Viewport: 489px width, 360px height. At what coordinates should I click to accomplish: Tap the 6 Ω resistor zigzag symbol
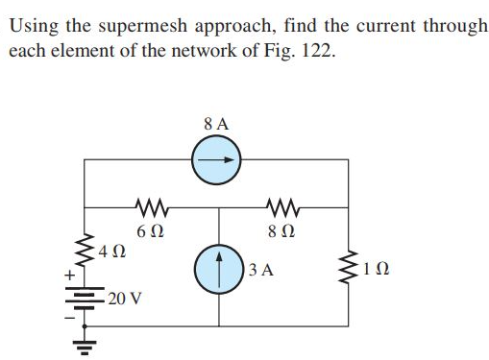click(150, 205)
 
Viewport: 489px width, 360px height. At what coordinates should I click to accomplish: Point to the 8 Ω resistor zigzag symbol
click(284, 205)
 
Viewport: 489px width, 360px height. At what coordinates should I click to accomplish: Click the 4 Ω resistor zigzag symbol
click(86, 251)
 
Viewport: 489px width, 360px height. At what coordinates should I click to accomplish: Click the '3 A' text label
click(261, 271)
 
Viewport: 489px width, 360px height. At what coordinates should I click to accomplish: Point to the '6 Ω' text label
click(149, 231)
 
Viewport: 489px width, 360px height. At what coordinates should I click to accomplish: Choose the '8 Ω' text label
click(284, 231)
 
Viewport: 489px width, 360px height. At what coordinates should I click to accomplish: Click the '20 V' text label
click(125, 298)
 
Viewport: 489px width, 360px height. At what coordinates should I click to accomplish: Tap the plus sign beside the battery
click(69, 276)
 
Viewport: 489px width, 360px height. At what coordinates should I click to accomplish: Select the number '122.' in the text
click(316, 49)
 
